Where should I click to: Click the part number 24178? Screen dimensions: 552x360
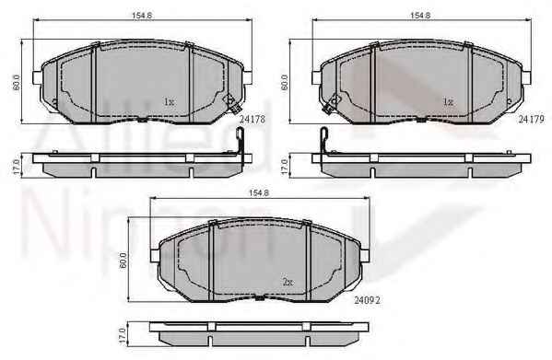(253, 119)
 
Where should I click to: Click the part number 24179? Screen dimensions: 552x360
(532, 119)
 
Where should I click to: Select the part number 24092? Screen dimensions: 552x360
(367, 300)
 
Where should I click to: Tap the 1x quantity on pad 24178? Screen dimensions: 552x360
(169, 102)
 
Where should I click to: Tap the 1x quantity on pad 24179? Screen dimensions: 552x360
(448, 102)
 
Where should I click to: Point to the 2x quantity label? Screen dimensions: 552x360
(288, 282)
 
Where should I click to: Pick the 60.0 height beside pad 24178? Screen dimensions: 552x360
(17, 82)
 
